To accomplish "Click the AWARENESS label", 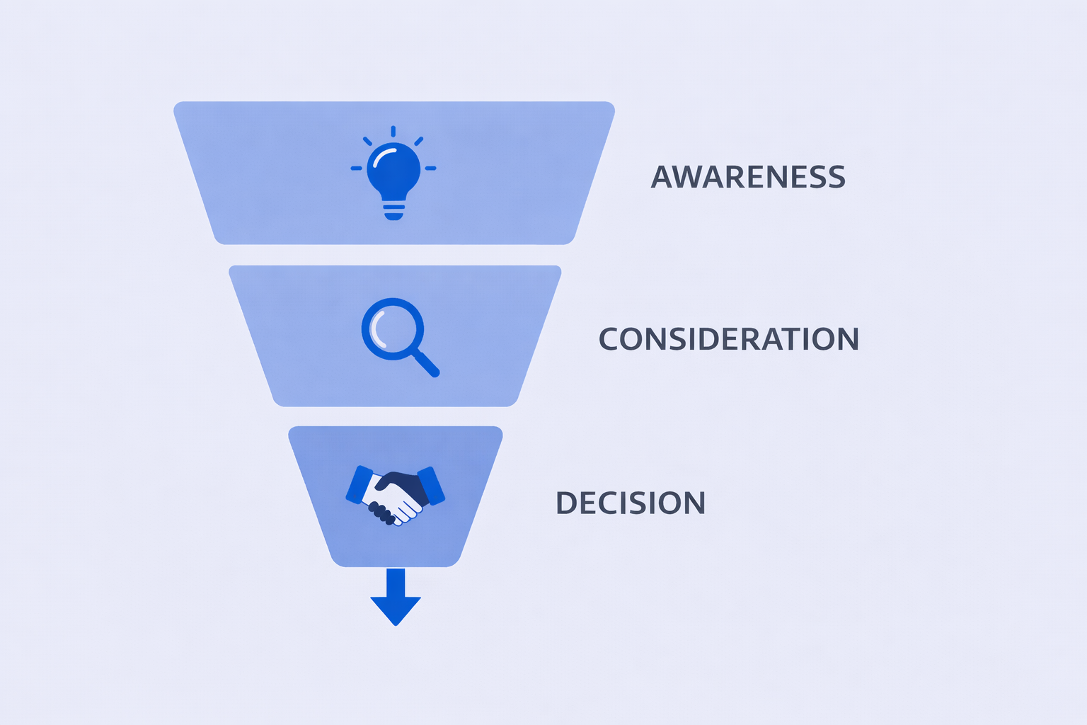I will [748, 177].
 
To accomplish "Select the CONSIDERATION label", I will [728, 339].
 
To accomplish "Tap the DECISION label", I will [630, 503].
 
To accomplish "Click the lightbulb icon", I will [393, 173].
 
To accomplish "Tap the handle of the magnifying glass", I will [427, 364].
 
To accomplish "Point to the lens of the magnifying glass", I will [392, 329].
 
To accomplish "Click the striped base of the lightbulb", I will [393, 210].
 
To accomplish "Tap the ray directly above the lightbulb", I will [393, 131].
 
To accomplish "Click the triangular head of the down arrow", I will [396, 610].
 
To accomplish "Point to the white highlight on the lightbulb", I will [382, 156].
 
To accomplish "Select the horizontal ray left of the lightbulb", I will [356, 169].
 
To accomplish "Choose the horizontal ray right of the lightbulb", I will [431, 169].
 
